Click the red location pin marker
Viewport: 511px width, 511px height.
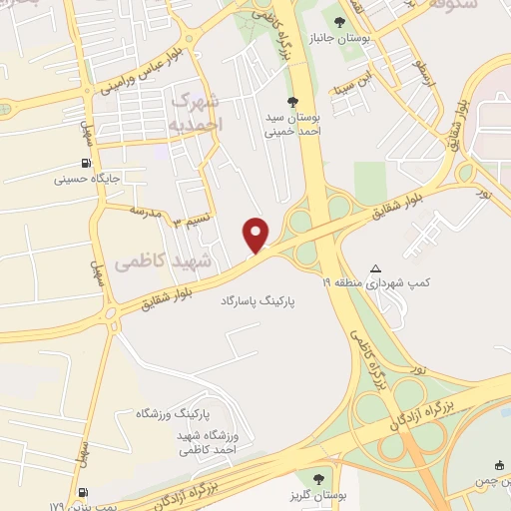pos(257,235)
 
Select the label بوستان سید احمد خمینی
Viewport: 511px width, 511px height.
pos(290,125)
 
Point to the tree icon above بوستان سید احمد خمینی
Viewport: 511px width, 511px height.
pos(291,101)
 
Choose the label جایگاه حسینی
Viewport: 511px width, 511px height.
pos(88,181)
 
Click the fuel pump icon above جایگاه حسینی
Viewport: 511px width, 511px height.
pos(87,164)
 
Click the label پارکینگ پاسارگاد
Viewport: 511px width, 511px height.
pos(259,298)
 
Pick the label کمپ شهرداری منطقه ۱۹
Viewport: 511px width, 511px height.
pos(374,283)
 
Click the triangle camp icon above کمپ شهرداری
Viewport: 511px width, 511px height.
pos(375,267)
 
